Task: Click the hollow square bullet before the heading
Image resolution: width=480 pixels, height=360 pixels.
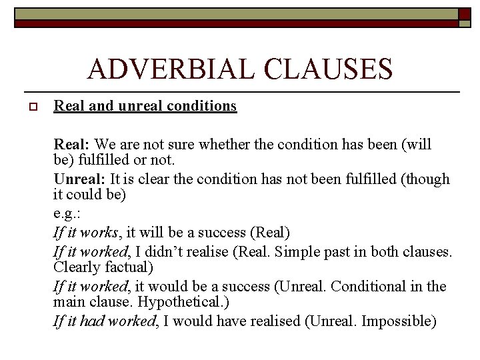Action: [30, 107]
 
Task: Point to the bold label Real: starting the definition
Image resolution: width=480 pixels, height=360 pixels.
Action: [72, 144]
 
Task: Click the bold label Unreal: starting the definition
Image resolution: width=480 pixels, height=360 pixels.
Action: [79, 179]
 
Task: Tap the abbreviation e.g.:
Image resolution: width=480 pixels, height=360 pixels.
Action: [67, 214]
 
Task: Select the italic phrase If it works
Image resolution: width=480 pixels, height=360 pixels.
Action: [85, 233]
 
